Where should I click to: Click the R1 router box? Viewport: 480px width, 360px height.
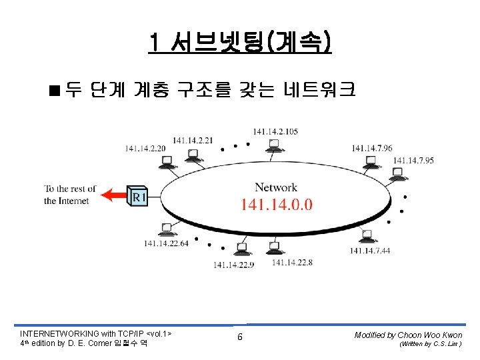tap(138, 195)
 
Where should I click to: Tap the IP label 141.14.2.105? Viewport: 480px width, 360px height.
tap(275, 131)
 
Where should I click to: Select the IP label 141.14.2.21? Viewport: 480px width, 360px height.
tap(193, 140)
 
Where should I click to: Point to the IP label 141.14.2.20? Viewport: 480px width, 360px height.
tap(145, 148)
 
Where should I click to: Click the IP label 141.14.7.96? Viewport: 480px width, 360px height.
tap(372, 148)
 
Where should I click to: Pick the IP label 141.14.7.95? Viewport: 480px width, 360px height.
tap(413, 160)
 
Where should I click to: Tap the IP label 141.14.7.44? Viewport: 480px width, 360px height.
tap(370, 250)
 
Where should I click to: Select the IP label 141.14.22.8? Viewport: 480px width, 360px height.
tap(292, 263)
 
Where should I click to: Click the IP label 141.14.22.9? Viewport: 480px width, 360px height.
tap(233, 265)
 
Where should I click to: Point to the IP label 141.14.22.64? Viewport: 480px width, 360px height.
tap(166, 243)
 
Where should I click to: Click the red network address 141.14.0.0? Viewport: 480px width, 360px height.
tap(276, 204)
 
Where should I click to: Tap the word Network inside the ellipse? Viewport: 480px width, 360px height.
tap(276, 187)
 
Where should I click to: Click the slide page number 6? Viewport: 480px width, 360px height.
tap(240, 337)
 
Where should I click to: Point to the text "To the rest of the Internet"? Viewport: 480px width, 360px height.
tap(70, 195)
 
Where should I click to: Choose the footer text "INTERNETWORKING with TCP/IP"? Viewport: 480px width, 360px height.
tap(82, 333)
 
